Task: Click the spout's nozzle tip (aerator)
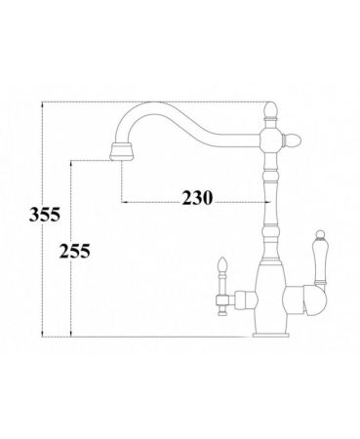click(123, 149)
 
